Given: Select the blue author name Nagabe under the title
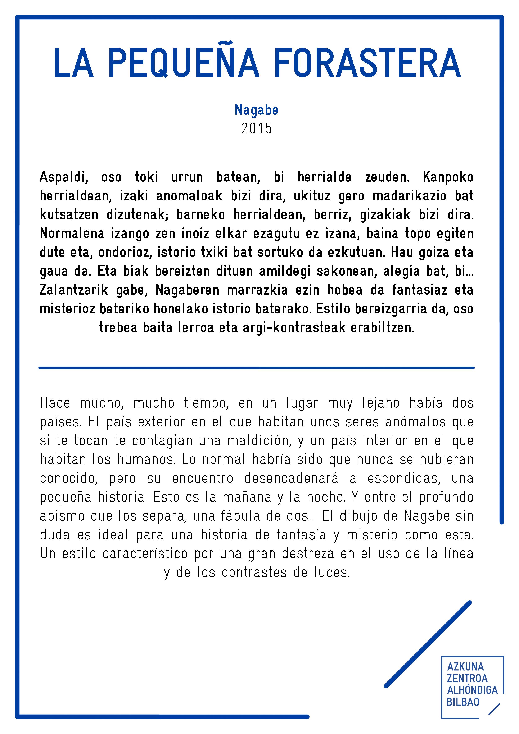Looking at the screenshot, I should click(256, 110).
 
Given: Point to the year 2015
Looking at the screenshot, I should click(256, 128).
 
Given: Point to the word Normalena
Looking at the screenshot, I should click(72, 234).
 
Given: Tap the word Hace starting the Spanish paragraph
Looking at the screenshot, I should click(55, 403).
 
